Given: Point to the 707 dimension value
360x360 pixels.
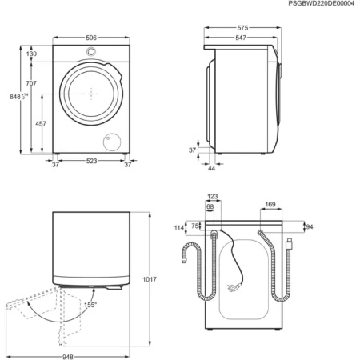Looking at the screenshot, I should pyautogui.click(x=31, y=83).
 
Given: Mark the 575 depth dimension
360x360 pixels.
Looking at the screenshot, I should pyautogui.click(x=243, y=28).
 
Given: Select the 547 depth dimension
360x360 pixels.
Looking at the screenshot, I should pyautogui.click(x=239, y=38).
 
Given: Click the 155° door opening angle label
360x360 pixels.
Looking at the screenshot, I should pyautogui.click(x=90, y=306).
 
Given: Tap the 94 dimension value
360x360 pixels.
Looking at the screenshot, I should pyautogui.click(x=309, y=226).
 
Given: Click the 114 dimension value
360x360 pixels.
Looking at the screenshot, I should pyautogui.click(x=178, y=228).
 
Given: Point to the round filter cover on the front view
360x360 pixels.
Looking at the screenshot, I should pyautogui.click(x=107, y=142).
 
